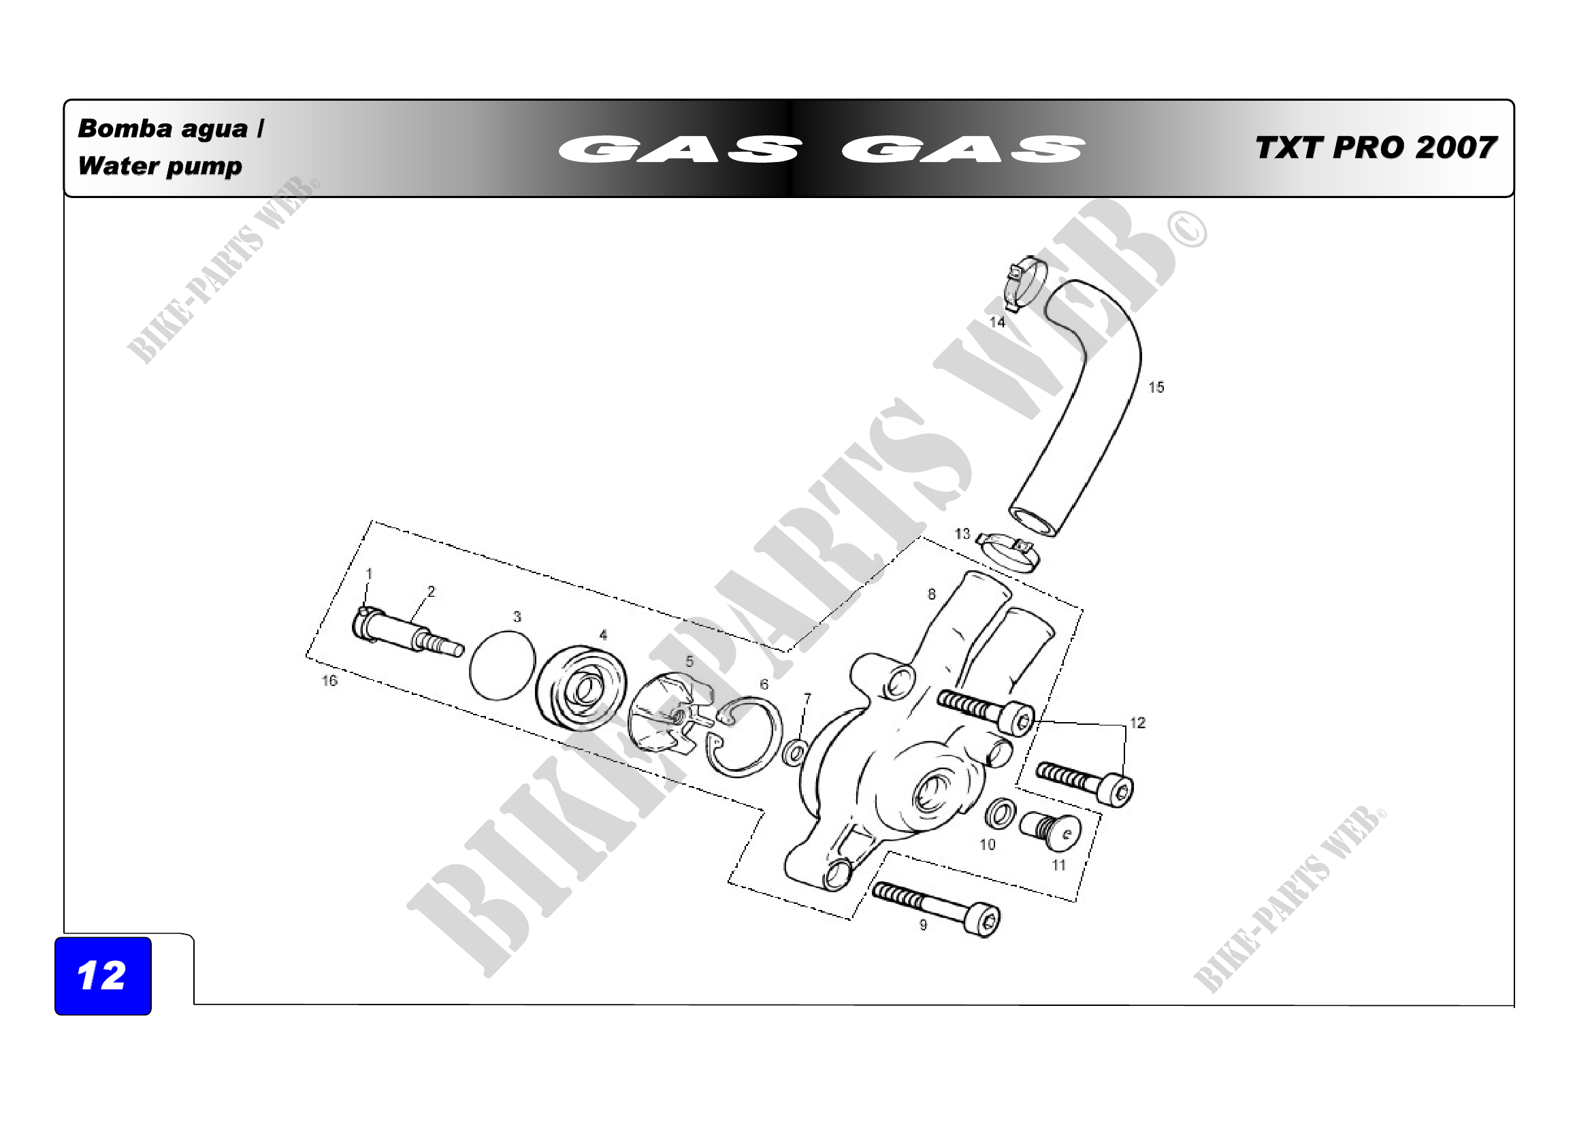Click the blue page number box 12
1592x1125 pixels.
click(x=103, y=976)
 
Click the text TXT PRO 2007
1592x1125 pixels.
click(x=1376, y=148)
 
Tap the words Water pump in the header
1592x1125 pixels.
click(x=160, y=167)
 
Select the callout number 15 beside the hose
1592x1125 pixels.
click(x=1156, y=387)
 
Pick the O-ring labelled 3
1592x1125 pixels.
click(x=503, y=666)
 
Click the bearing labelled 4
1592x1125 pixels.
click(x=581, y=687)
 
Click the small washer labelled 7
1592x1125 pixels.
click(x=794, y=753)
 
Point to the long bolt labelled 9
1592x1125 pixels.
click(x=936, y=909)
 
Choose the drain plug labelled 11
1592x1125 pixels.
click(x=1050, y=831)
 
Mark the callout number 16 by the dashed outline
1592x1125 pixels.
click(x=329, y=681)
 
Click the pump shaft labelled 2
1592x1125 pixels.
click(x=408, y=632)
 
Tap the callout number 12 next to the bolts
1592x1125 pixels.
click(x=1138, y=723)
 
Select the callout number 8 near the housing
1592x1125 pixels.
click(x=932, y=594)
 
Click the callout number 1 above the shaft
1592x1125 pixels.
click(x=370, y=574)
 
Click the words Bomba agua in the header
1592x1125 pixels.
click(x=163, y=129)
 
